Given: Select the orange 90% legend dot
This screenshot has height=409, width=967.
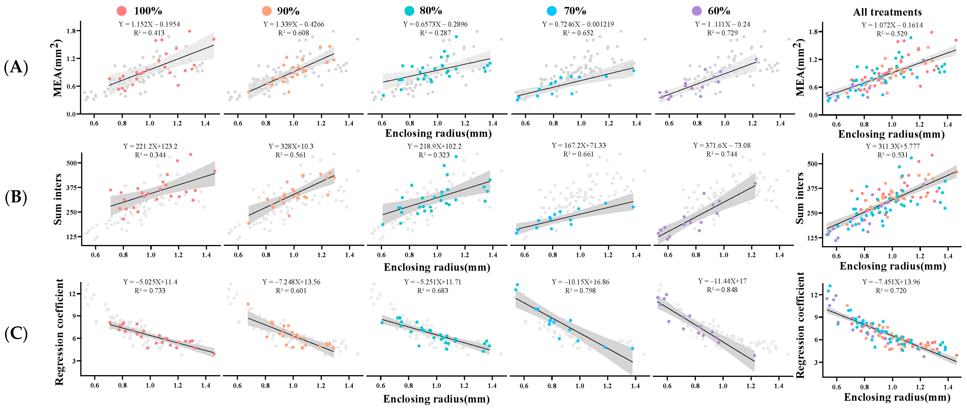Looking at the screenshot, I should click(266, 11).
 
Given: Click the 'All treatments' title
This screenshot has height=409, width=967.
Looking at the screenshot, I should click(887, 12).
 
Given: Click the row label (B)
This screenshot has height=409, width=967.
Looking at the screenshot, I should click(16, 197).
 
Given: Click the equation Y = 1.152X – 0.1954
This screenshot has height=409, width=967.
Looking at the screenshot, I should click(149, 24).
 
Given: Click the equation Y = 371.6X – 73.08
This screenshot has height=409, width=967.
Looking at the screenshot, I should click(721, 145).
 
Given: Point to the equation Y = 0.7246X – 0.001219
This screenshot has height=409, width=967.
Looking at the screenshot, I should click(578, 24).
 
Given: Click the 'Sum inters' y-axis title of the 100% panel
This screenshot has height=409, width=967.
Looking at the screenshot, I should click(58, 199).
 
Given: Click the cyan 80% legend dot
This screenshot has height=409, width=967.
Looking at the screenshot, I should click(409, 11).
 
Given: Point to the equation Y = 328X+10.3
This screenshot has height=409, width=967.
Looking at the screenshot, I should click(291, 146).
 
